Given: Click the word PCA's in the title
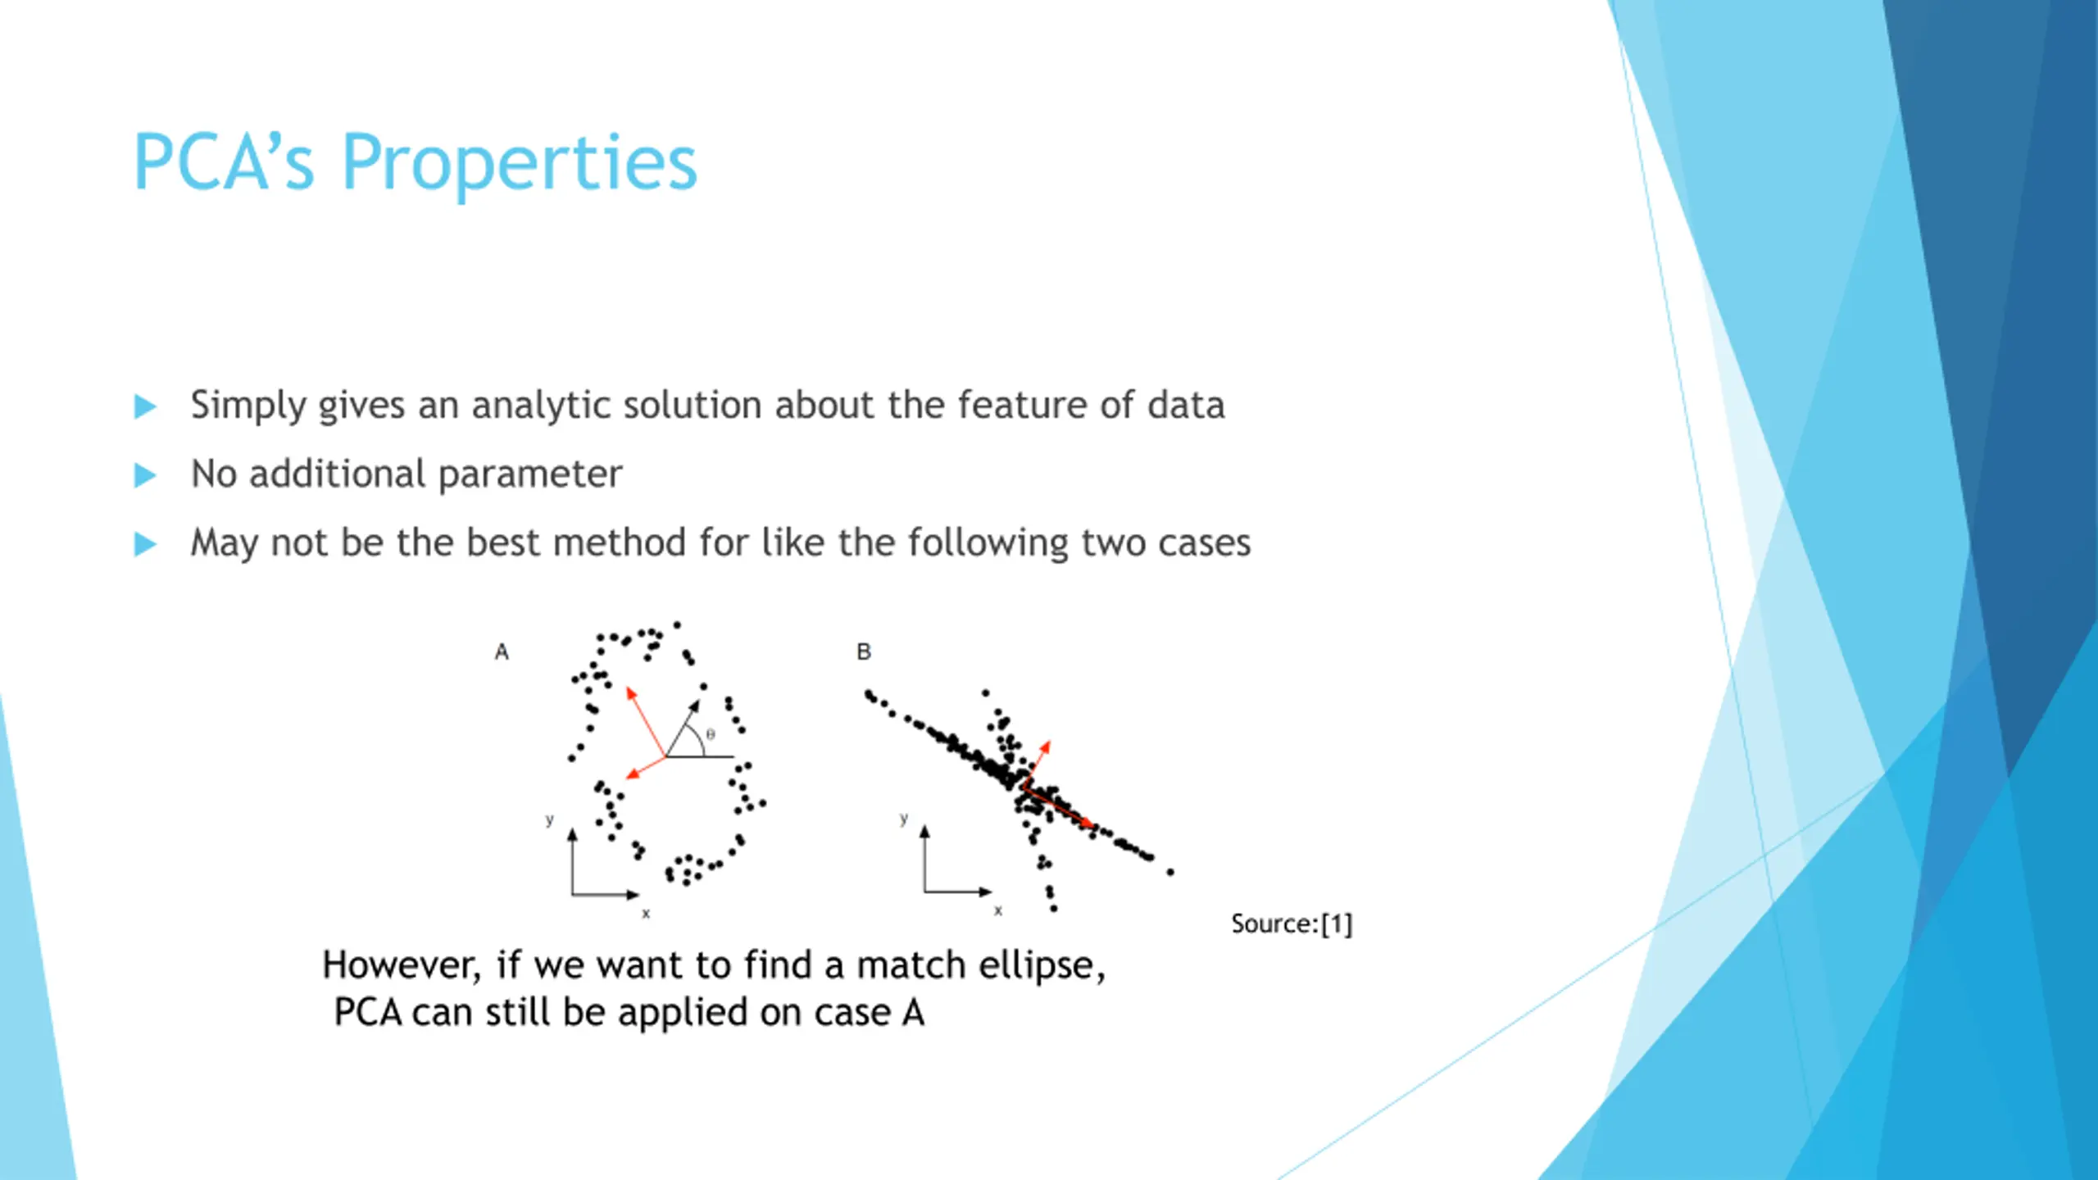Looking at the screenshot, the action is pos(223,163).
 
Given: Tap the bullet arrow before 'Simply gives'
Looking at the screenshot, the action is pos(145,406).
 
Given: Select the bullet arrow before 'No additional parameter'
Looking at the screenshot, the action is pos(145,475).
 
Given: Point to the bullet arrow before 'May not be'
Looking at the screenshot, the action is pos(145,544).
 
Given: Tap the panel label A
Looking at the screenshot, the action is pos(502,652).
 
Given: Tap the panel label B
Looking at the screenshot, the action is pos(864,652).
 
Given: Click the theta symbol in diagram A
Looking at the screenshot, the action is pos(711,735).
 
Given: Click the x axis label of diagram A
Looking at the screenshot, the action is pos(646,914).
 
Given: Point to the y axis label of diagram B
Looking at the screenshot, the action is pos(903,819).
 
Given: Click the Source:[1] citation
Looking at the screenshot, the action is pos(1292,924).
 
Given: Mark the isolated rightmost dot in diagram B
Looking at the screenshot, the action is pos(1170,873).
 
